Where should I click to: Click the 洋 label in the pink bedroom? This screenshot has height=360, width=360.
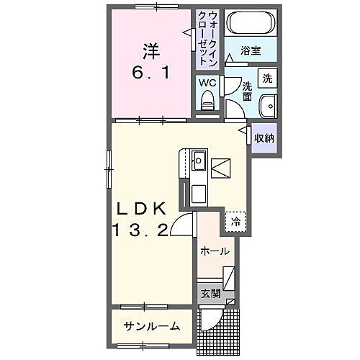[x=150, y=53]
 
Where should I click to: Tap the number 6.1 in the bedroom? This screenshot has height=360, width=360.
[x=150, y=73]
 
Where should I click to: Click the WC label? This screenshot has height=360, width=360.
[x=207, y=83]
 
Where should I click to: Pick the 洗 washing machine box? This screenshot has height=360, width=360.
[x=267, y=78]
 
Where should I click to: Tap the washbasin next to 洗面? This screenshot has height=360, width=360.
[x=268, y=104]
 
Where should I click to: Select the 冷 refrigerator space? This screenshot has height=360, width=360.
[x=235, y=222]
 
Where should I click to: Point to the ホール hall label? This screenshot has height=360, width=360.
[x=215, y=251]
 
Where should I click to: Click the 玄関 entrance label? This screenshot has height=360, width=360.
[x=210, y=293]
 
